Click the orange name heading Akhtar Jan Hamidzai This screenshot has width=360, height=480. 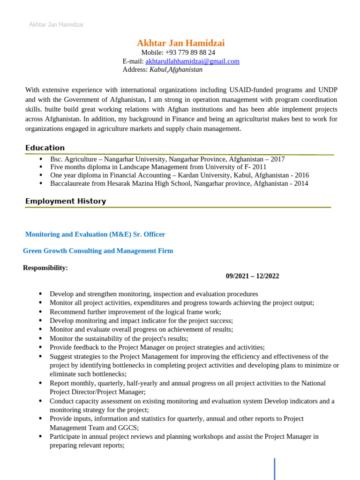coord(180,43)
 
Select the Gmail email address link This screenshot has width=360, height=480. coord(192,61)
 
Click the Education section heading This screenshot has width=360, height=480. coord(45,148)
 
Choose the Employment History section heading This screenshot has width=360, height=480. coord(66,201)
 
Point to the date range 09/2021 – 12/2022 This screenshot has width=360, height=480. coord(252,276)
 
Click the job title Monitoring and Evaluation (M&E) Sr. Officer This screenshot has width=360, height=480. coord(95,234)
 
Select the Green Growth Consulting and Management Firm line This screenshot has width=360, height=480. coord(98,251)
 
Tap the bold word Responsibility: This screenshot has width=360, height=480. coord(45,268)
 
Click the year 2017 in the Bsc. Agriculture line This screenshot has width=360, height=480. coord(277,159)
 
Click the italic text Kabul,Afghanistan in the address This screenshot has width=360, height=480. coord(176,69)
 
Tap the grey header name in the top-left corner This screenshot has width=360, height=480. coord(56,24)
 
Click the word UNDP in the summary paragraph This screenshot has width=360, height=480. coord(328,90)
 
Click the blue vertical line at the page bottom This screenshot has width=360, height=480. coord(274,469)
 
